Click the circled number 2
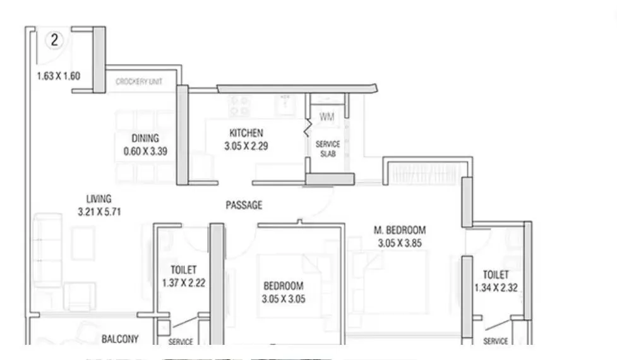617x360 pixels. point(55,40)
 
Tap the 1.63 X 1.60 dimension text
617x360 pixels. point(58,76)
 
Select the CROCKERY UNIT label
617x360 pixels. point(139,82)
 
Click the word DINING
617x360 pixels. point(145,139)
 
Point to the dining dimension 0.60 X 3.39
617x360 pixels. point(145,151)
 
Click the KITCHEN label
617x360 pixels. point(246,133)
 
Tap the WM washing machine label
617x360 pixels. point(327,117)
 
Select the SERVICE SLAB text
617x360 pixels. point(328,148)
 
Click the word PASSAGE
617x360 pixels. point(244,205)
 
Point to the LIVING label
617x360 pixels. point(99,199)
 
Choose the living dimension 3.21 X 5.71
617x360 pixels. point(99,211)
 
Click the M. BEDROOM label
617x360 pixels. point(399,230)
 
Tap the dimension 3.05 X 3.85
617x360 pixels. point(399,242)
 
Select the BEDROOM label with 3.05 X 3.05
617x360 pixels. point(284,285)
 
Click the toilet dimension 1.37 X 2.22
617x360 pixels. point(183,284)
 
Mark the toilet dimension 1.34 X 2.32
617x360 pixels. point(496,289)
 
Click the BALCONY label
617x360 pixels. point(120,339)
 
